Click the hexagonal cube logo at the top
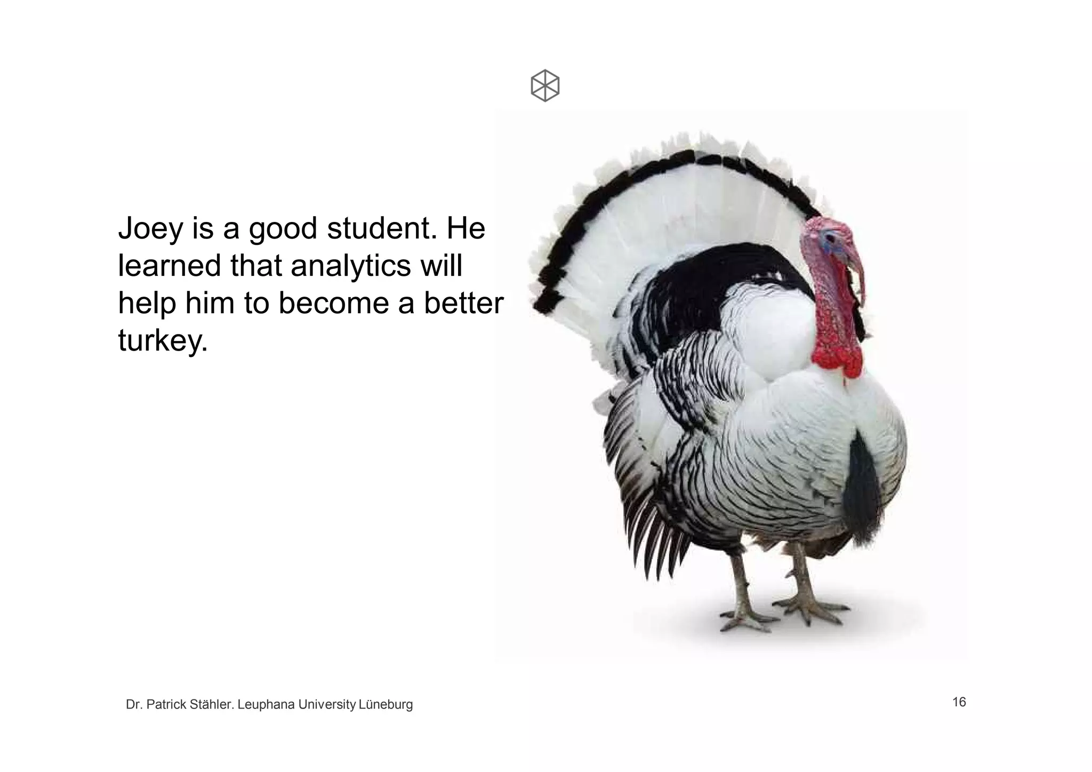click(545, 85)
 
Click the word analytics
click(350, 266)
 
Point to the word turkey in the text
click(162, 340)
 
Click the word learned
click(169, 266)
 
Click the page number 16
click(959, 702)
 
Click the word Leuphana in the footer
click(266, 705)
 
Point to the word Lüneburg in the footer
click(386, 705)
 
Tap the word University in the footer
click(327, 705)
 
